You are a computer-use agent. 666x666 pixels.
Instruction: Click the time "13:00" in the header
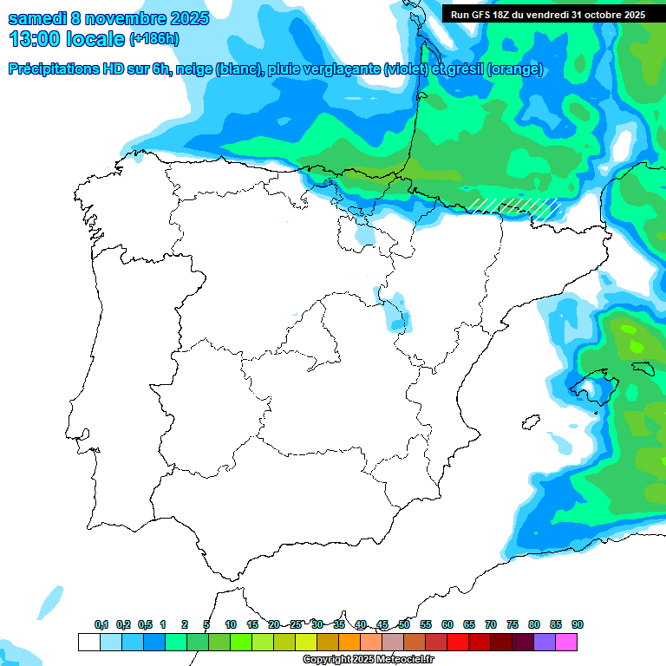point(35,39)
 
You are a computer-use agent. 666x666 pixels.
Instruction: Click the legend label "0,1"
point(101,625)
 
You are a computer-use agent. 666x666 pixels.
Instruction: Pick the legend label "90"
point(578,625)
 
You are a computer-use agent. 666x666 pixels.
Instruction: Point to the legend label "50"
point(404,625)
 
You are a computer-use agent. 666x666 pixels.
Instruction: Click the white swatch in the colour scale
point(88,643)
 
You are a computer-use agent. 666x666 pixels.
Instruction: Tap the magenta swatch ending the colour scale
point(566,643)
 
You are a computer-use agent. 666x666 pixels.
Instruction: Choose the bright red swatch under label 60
point(458,643)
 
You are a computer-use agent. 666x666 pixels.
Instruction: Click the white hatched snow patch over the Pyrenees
point(513,206)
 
